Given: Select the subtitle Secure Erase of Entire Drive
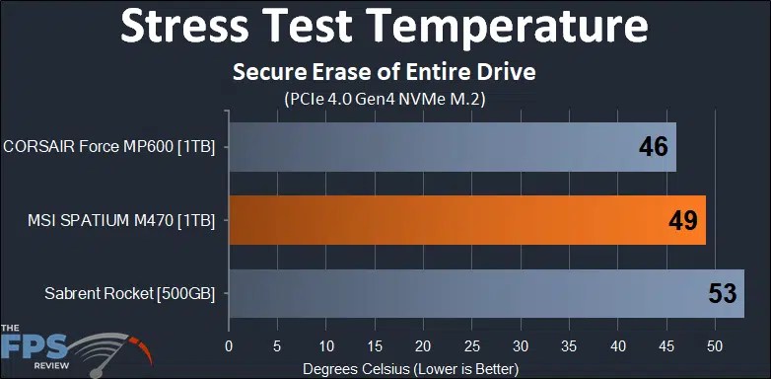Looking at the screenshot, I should pos(384,74).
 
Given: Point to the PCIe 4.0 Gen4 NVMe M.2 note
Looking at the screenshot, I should pos(384,99).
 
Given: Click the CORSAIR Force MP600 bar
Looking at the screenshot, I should pos(452,148).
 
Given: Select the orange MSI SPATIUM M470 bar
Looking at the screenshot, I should pos(466,220).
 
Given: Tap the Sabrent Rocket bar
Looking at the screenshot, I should pos(485,293).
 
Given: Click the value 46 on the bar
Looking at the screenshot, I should pos(653,148).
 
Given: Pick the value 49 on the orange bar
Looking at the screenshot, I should pos(682,220).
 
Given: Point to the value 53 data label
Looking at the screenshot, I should pos(722,293).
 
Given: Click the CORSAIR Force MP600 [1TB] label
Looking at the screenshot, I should pos(115,148).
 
